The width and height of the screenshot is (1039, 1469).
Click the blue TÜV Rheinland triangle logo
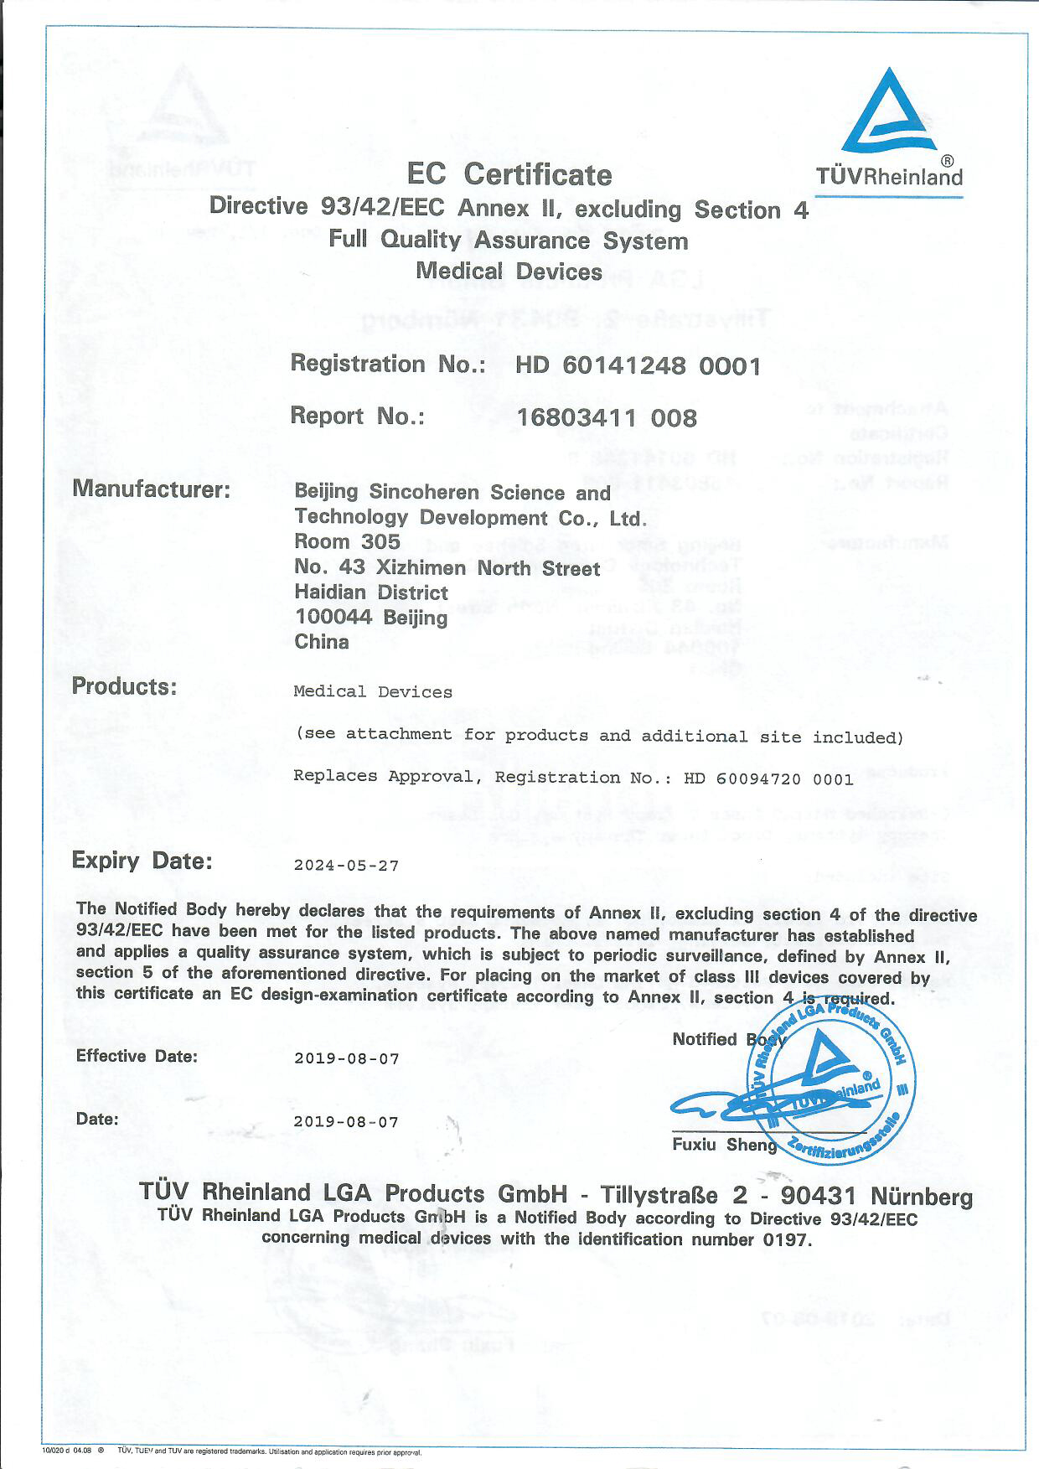pyautogui.click(x=889, y=112)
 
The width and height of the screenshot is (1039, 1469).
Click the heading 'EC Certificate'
pyautogui.click(x=509, y=174)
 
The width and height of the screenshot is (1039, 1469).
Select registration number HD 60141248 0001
pyautogui.click(x=638, y=366)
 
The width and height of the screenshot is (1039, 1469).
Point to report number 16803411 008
pyautogui.click(x=607, y=417)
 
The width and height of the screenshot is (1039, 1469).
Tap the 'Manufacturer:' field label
pyautogui.click(x=151, y=489)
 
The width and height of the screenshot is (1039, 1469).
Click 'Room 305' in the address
pyautogui.click(x=347, y=542)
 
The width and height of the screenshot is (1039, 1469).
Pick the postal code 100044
pyautogui.click(x=333, y=618)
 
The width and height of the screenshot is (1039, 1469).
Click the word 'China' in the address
pyautogui.click(x=322, y=642)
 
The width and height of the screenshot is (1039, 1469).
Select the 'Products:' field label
pyautogui.click(x=124, y=686)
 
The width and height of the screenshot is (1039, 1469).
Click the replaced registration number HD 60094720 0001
pyautogui.click(x=768, y=778)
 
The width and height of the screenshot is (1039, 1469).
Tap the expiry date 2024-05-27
pyautogui.click(x=346, y=866)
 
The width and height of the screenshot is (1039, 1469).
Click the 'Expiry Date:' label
pyautogui.click(x=142, y=861)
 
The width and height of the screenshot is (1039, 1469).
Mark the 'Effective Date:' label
pyautogui.click(x=137, y=1056)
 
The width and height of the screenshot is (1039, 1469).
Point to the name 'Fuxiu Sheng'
pyautogui.click(x=724, y=1145)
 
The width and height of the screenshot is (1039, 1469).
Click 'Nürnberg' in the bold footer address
pyautogui.click(x=922, y=1196)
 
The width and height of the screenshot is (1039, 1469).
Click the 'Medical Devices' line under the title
pyautogui.click(x=509, y=272)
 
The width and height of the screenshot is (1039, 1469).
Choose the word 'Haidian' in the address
pyautogui.click(x=330, y=592)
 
